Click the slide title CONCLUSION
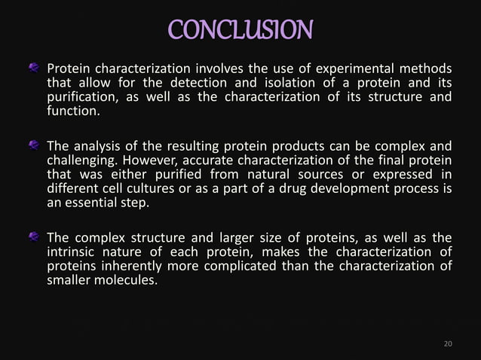(240, 30)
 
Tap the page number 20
(448, 344)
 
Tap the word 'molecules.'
(124, 282)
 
